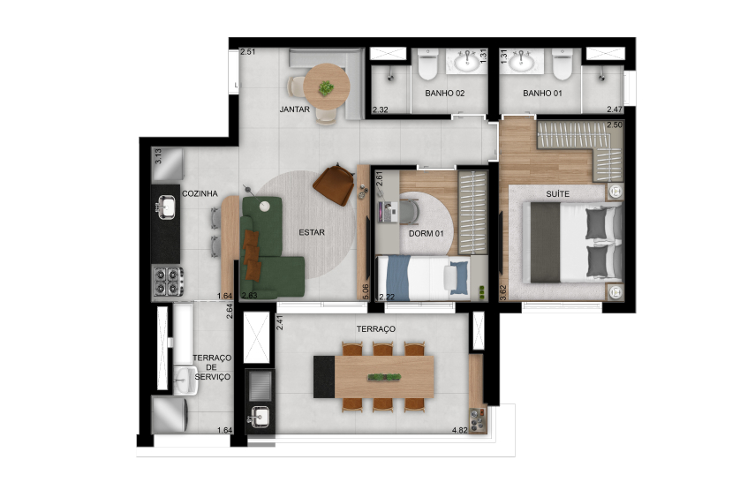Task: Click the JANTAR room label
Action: tap(293, 110)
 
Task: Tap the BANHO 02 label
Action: tap(444, 93)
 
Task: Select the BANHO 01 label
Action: tap(542, 93)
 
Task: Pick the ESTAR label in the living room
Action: tap(312, 233)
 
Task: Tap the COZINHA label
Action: tap(199, 192)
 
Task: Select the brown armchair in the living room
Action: tap(332, 183)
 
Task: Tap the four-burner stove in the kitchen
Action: tap(166, 281)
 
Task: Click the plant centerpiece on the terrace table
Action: tap(381, 378)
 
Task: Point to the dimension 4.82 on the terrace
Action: tap(458, 430)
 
